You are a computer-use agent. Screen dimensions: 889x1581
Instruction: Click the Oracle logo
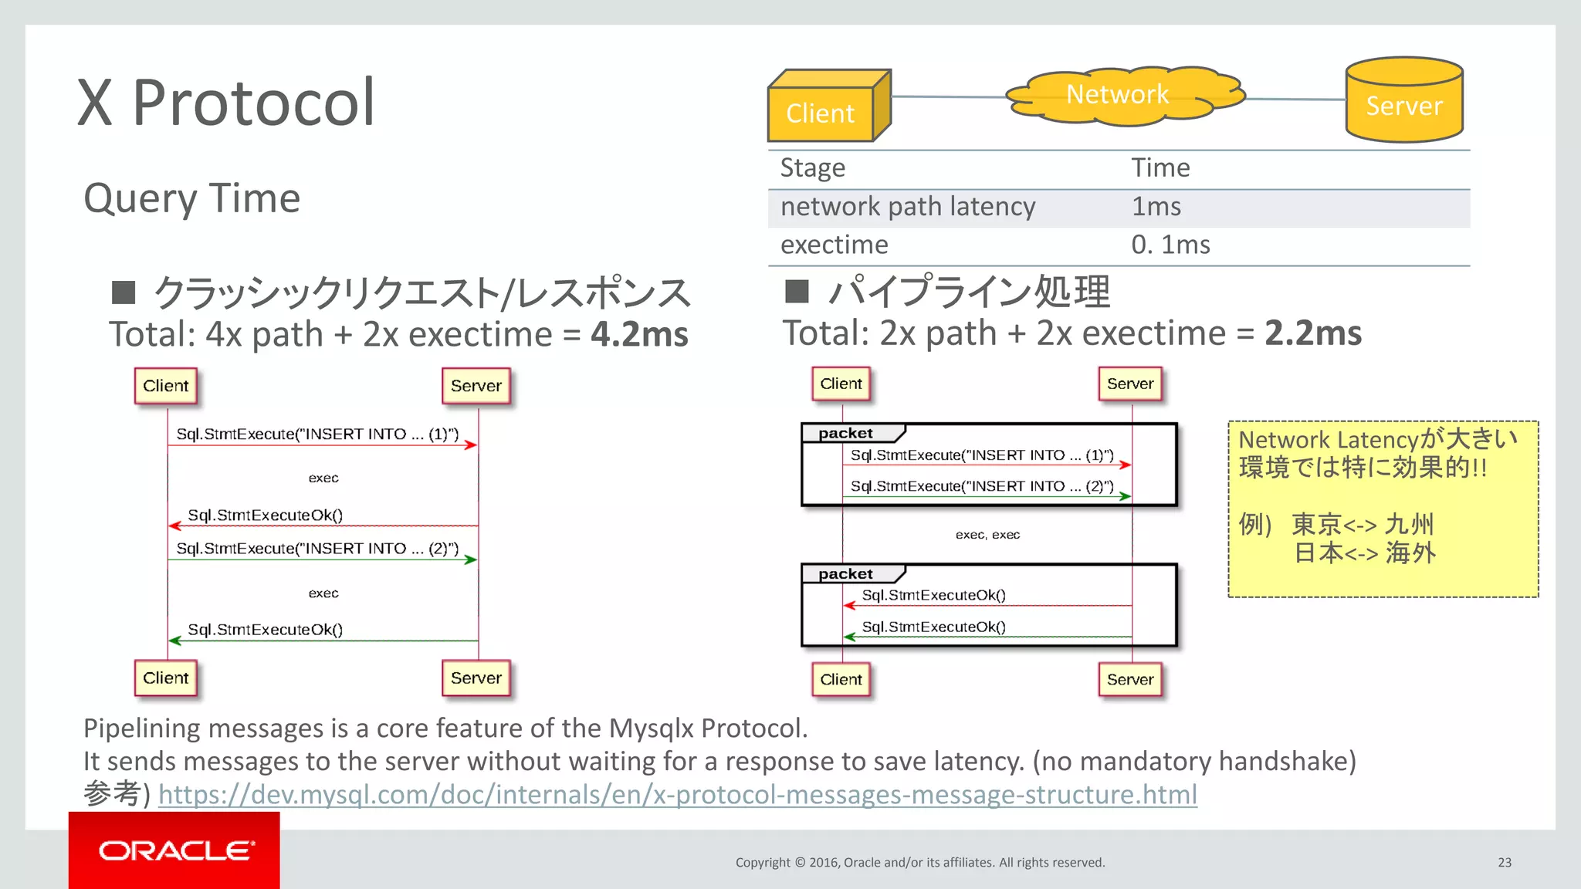coord(175,850)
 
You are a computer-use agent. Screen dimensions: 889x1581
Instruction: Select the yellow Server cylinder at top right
coord(1403,101)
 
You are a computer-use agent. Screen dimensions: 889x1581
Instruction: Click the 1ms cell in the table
coord(1156,207)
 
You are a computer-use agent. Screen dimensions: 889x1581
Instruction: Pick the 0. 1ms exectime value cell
coord(1170,245)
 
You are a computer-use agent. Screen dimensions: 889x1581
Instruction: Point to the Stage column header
coord(812,168)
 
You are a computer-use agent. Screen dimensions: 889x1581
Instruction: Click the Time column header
coord(1160,168)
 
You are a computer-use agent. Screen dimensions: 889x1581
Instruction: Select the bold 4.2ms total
coord(639,335)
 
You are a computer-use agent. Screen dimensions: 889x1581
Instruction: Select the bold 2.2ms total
coord(1312,333)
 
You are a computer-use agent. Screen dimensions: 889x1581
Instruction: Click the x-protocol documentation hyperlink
coord(677,794)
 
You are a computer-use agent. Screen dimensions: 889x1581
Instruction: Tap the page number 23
coord(1504,862)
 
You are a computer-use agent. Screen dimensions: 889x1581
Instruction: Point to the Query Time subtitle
coord(191,198)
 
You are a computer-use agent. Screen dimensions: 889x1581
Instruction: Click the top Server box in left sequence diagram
coord(476,386)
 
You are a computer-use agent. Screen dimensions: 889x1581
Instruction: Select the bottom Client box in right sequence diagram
coord(841,679)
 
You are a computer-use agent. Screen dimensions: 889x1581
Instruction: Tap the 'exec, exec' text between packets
coord(987,535)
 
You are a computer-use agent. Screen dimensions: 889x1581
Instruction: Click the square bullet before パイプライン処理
coord(796,292)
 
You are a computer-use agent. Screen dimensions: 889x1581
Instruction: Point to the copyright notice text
coord(919,862)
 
